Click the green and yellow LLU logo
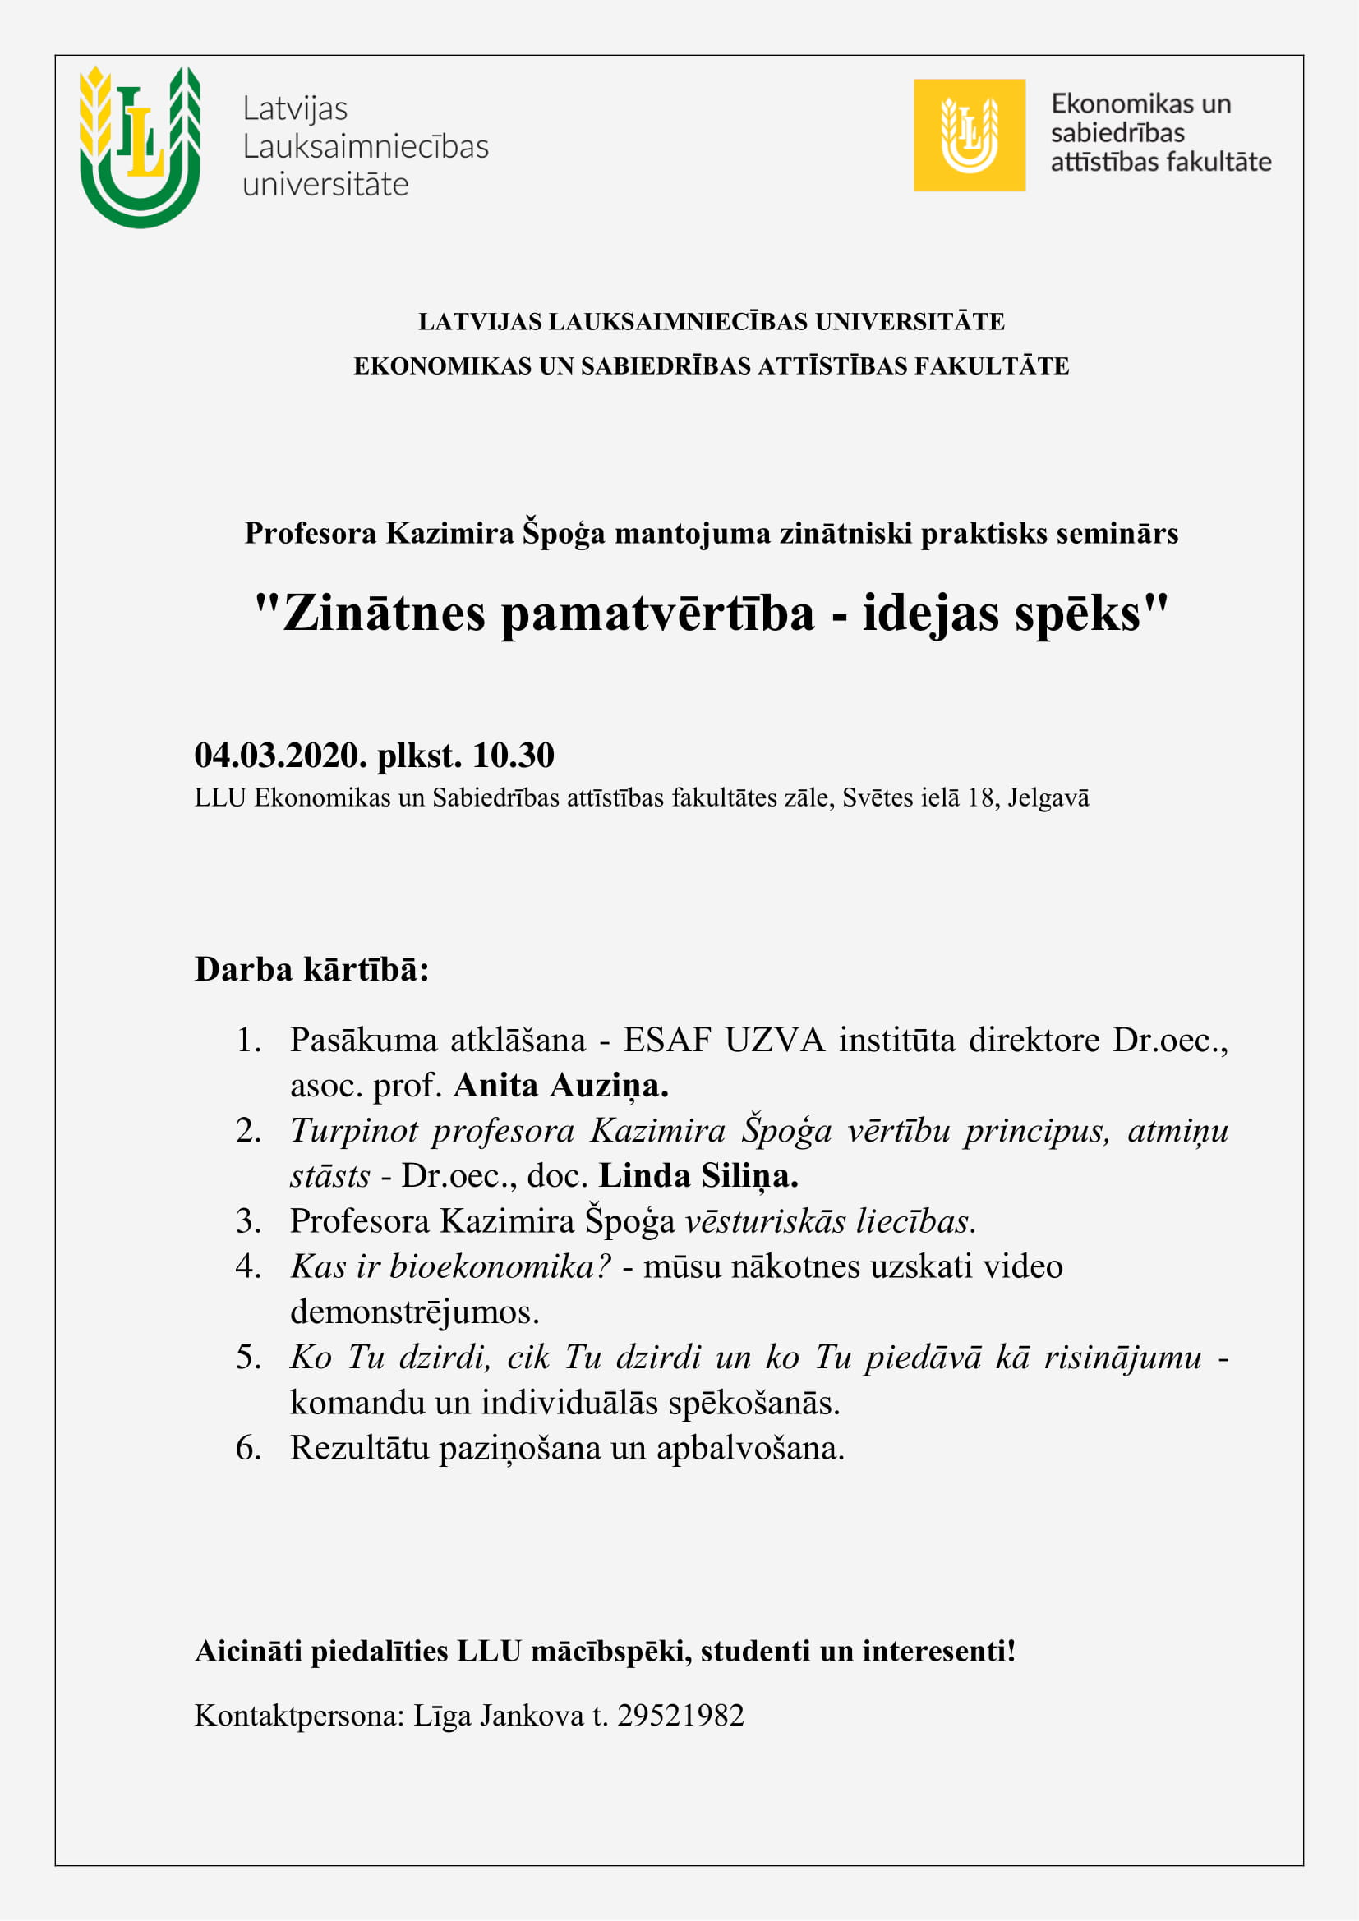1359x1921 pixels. pyautogui.click(x=140, y=145)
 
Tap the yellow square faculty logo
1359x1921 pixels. pyautogui.click(x=969, y=135)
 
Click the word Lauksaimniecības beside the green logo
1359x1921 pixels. pyautogui.click(x=365, y=146)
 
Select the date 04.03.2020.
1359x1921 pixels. pyautogui.click(x=280, y=755)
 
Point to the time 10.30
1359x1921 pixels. pyautogui.click(x=513, y=755)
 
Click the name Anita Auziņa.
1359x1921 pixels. pyautogui.click(x=560, y=1086)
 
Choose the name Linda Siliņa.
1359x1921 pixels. pyautogui.click(x=698, y=1176)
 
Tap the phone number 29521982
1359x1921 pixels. pyautogui.click(x=680, y=1715)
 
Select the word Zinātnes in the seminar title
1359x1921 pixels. pyautogui.click(x=384, y=614)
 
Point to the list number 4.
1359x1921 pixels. pyautogui.click(x=247, y=1266)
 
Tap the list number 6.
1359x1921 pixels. pyautogui.click(x=247, y=1447)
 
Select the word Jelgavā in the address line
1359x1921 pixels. pyautogui.click(x=1048, y=797)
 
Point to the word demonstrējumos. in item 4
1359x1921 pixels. pyautogui.click(x=414, y=1312)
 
